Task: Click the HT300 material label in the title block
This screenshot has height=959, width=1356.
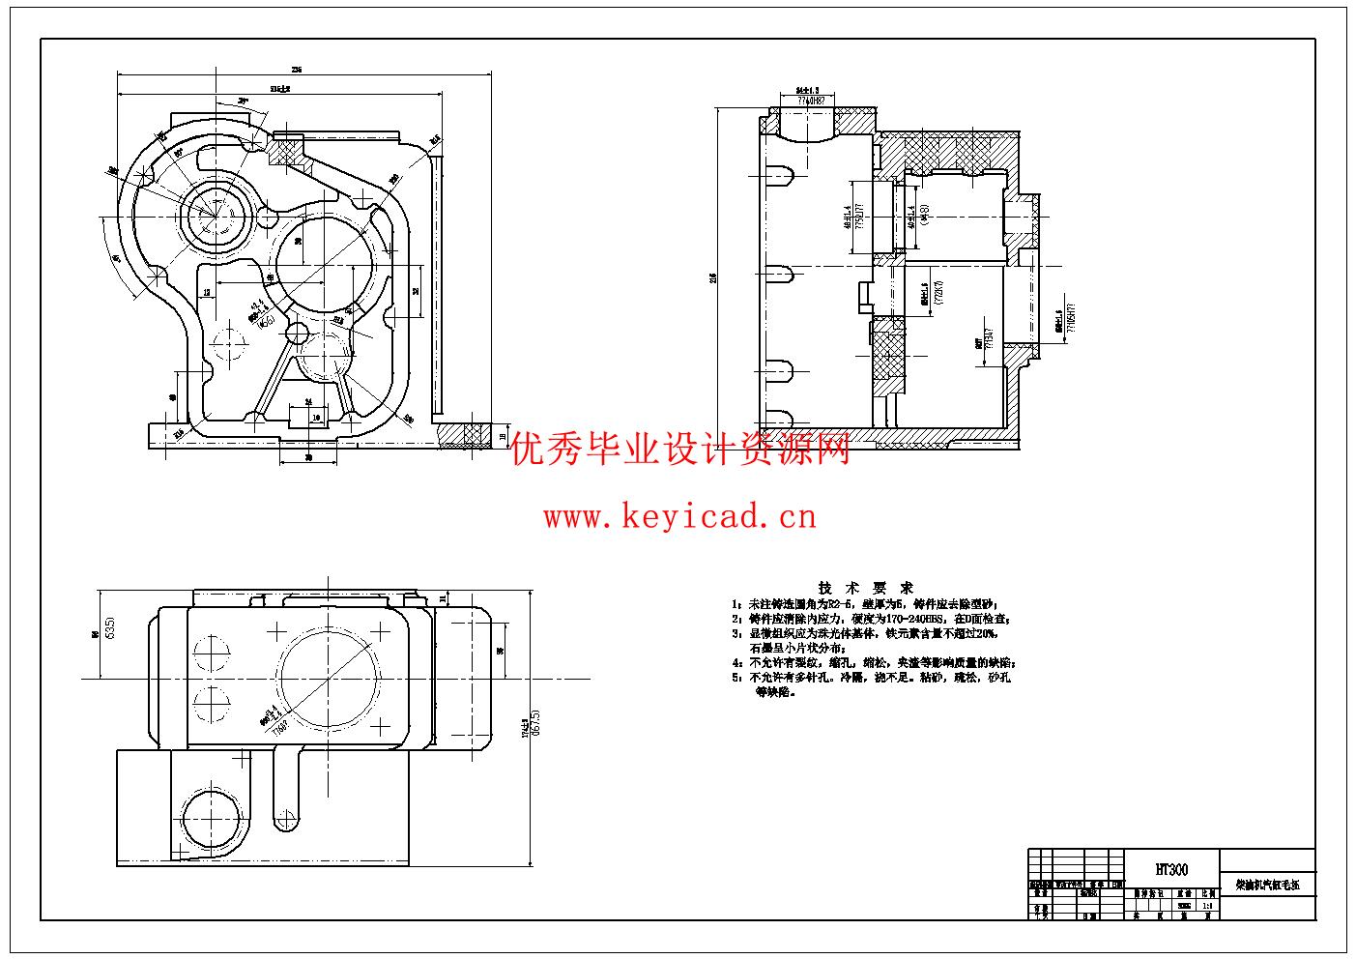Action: [1172, 870]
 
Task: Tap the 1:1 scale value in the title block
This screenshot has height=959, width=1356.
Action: [1206, 906]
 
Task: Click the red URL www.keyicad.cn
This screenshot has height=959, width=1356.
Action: [679, 517]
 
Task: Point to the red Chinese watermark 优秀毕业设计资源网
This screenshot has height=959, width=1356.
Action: [681, 449]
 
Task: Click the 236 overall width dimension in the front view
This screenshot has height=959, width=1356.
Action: [298, 70]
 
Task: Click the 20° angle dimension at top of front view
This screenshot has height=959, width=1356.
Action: [243, 100]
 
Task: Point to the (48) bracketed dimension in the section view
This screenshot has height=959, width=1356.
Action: [924, 214]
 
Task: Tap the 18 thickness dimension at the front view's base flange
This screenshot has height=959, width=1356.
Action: [503, 435]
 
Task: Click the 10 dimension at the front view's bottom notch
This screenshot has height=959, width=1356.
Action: [317, 418]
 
